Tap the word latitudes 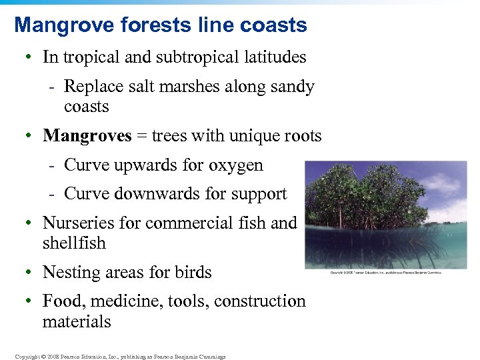276,57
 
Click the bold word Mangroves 87,136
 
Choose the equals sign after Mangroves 141,137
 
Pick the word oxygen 236,165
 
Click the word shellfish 74,243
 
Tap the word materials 77,322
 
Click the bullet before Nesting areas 30,273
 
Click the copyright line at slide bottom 120,357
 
